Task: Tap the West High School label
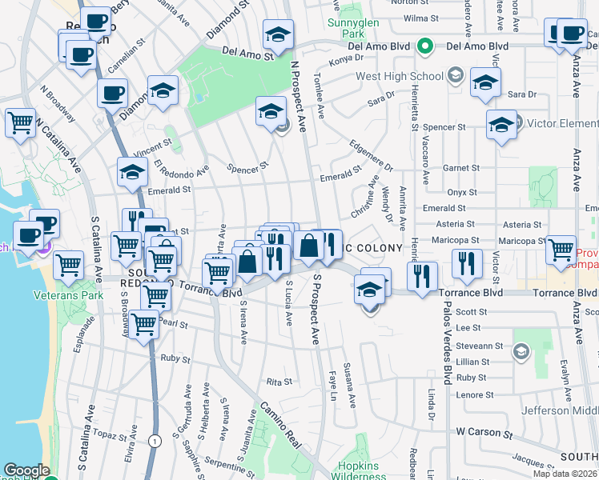click(399, 77)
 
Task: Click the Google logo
click(26, 470)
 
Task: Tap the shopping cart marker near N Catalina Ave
click(20, 124)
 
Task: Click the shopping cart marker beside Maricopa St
click(561, 250)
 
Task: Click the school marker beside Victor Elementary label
click(501, 126)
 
